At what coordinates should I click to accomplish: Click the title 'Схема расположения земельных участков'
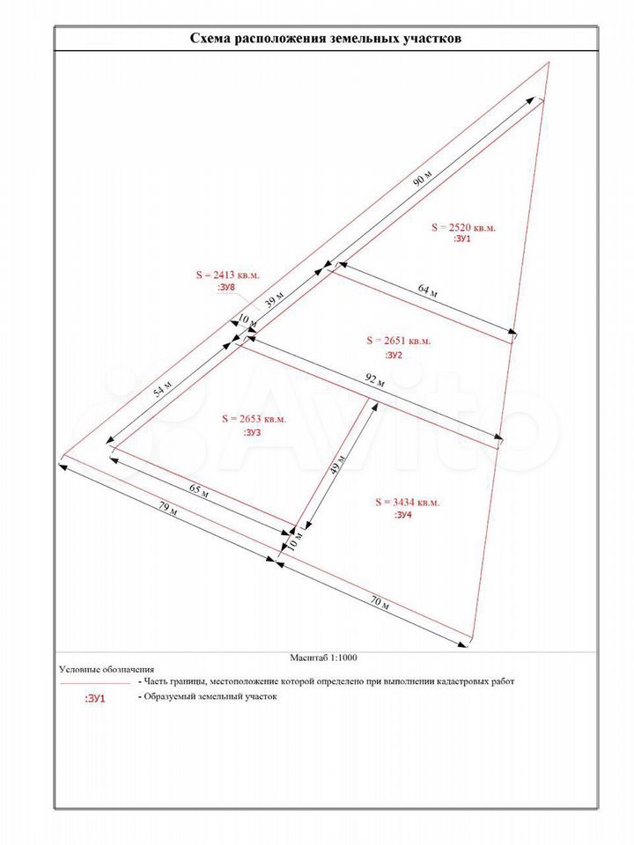[x=326, y=39]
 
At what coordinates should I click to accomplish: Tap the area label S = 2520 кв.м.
[x=463, y=227]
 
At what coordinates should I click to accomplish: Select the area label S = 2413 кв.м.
[x=227, y=275]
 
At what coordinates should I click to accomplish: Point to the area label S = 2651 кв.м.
[x=399, y=340]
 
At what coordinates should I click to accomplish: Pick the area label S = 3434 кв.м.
[x=407, y=502]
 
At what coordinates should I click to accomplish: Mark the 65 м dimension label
[x=199, y=491]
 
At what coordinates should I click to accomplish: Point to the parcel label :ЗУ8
[x=227, y=288]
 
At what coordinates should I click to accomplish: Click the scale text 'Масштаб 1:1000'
[x=324, y=657]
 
